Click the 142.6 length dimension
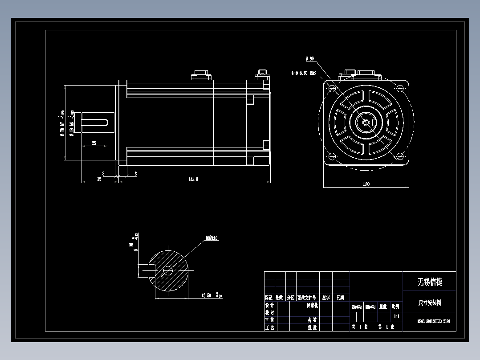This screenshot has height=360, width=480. (x=193, y=179)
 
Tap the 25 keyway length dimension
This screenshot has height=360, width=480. (x=94, y=143)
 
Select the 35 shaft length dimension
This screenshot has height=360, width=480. (x=99, y=179)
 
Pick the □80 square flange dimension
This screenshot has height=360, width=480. (x=366, y=184)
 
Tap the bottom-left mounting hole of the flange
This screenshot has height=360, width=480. (x=332, y=156)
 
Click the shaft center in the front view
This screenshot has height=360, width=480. (x=366, y=123)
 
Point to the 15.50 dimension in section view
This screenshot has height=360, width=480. (x=206, y=295)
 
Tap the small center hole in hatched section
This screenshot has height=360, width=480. (x=168, y=270)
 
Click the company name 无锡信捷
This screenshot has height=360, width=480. (x=429, y=282)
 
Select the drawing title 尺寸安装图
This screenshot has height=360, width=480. (x=429, y=303)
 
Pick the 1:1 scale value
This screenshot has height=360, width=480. (x=396, y=317)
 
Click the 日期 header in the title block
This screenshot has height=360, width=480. (x=340, y=298)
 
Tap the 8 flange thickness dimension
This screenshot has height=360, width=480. (x=135, y=173)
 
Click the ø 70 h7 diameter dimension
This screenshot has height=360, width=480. (x=62, y=123)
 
